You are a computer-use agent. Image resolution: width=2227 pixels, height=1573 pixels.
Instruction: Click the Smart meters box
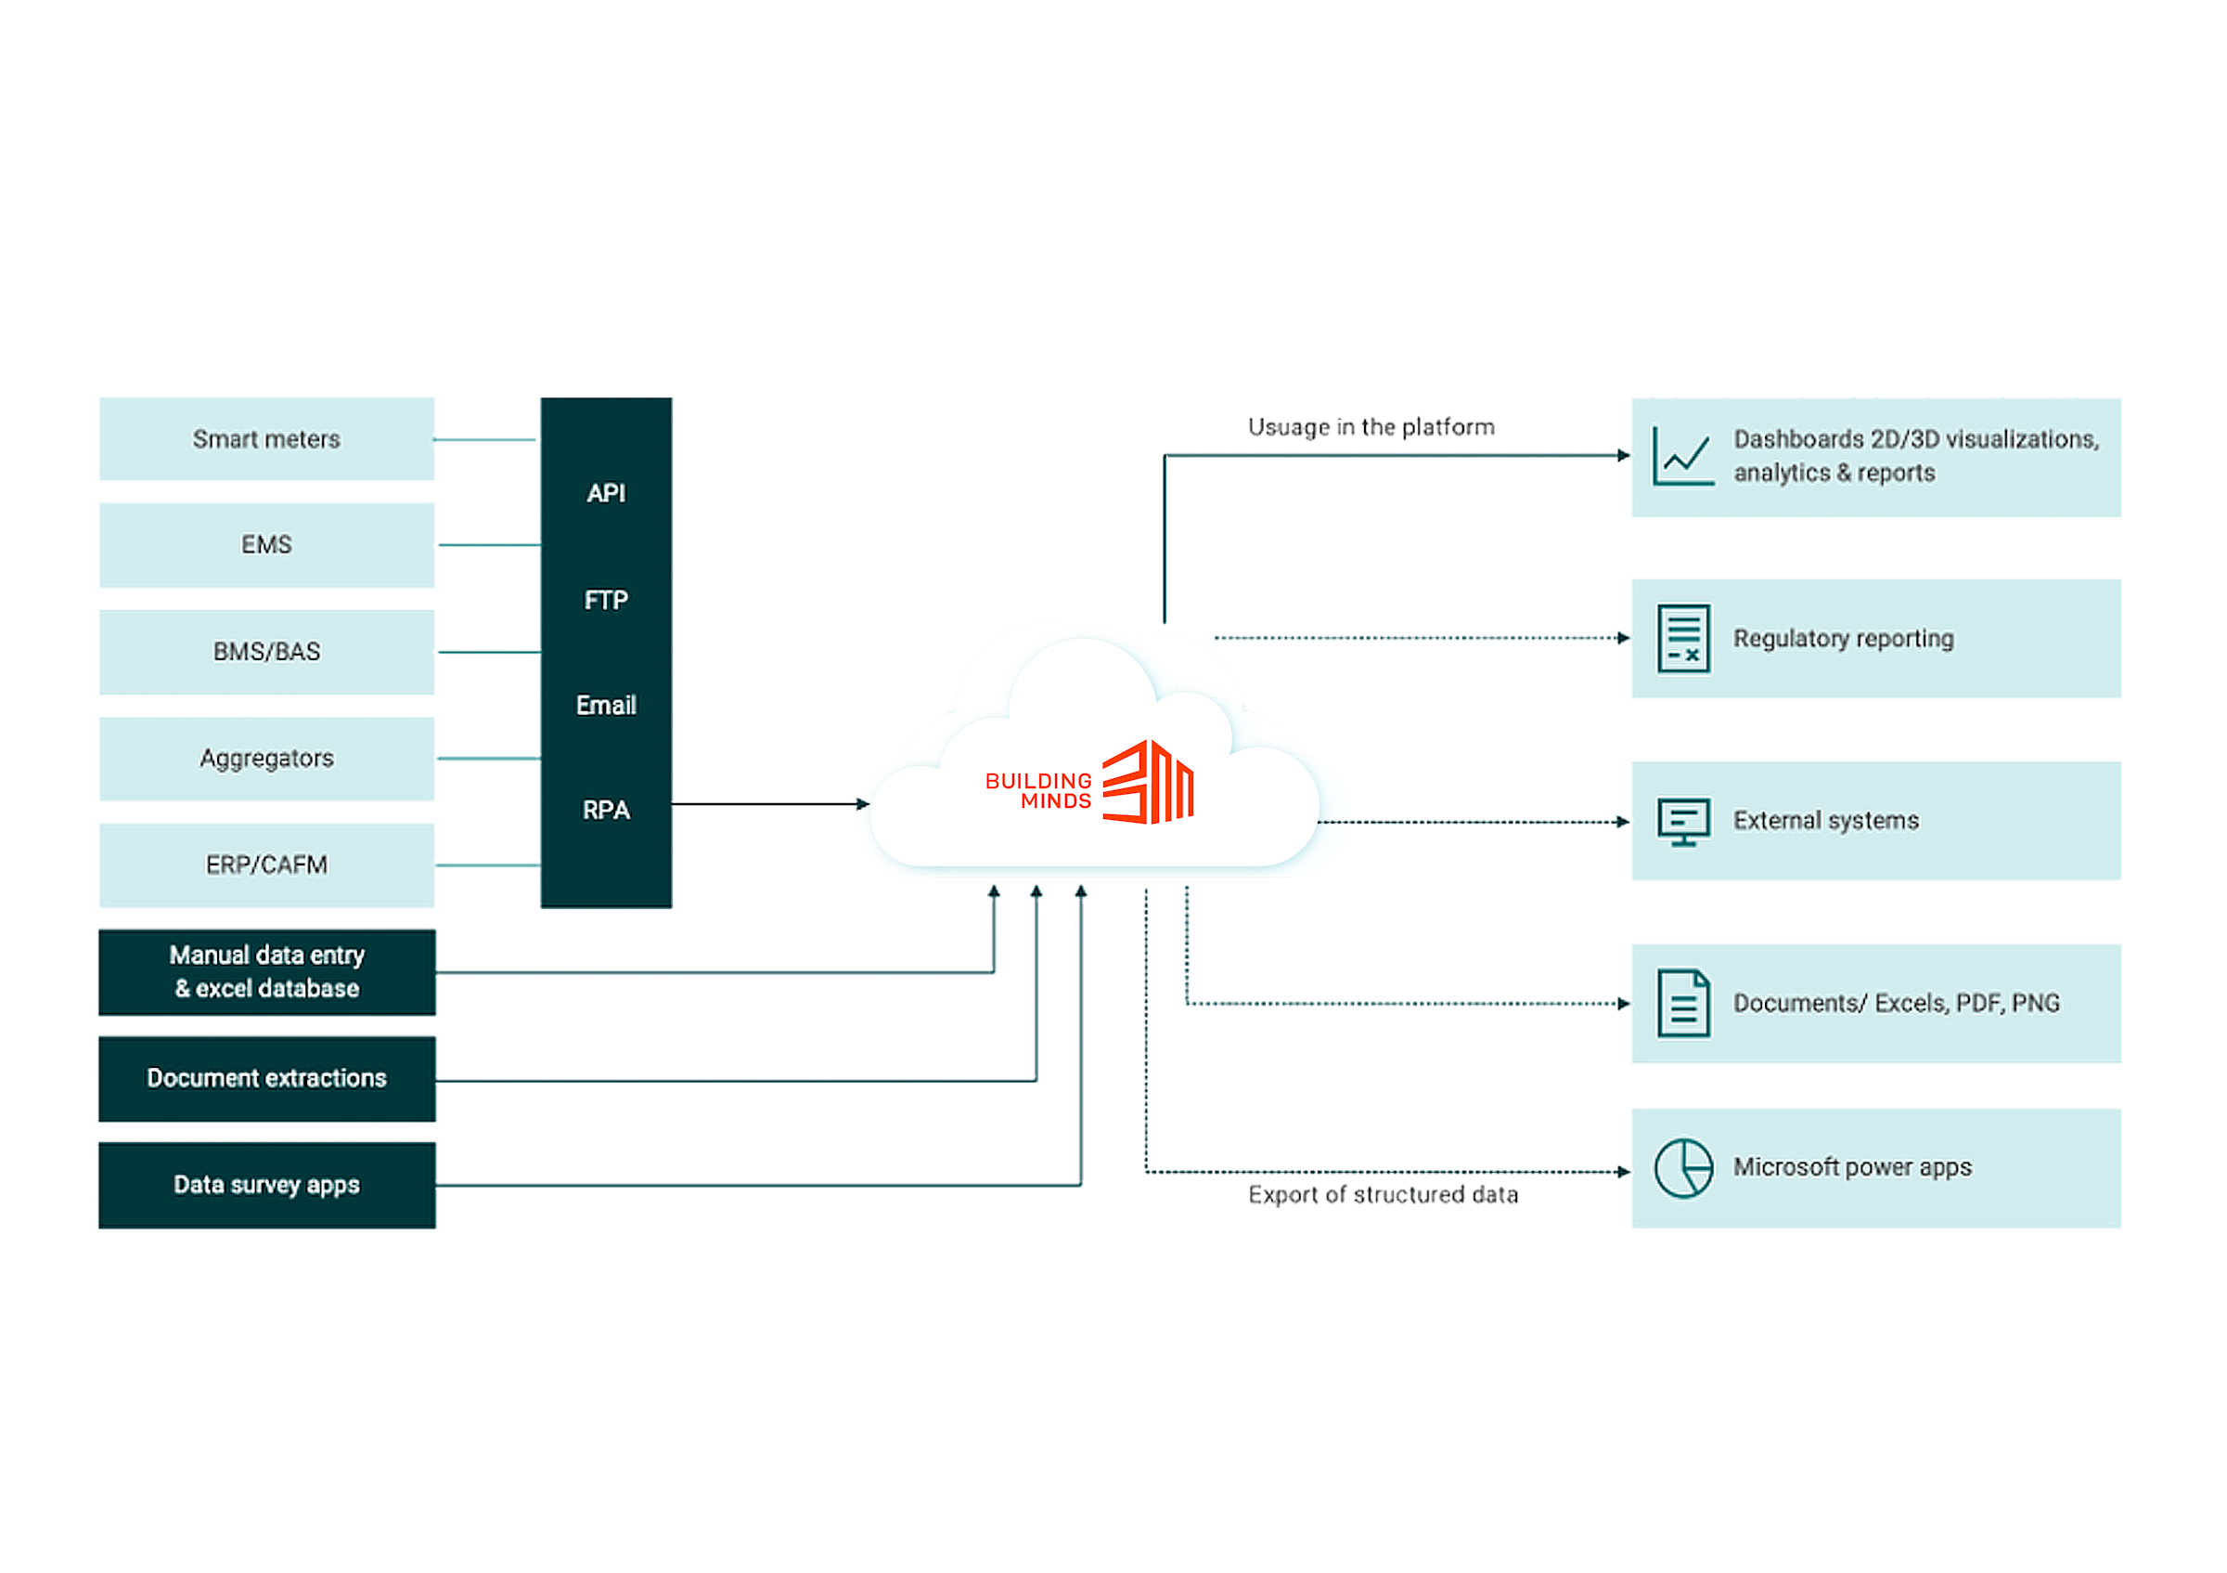pyautogui.click(x=266, y=439)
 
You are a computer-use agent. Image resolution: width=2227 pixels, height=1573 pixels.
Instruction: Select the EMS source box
pyautogui.click(x=266, y=544)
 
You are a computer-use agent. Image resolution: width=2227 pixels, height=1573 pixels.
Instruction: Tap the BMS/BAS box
pyautogui.click(x=266, y=651)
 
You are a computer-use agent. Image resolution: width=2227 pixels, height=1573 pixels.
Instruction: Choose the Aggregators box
pyautogui.click(x=266, y=758)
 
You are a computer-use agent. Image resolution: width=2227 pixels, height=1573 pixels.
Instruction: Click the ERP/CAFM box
pyautogui.click(x=266, y=864)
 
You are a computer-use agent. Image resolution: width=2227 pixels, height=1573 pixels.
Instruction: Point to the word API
pyautogui.click(x=606, y=493)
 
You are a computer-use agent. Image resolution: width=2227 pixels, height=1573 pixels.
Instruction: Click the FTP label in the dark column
pyautogui.click(x=606, y=600)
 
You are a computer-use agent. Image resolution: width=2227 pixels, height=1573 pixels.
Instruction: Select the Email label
pyautogui.click(x=606, y=706)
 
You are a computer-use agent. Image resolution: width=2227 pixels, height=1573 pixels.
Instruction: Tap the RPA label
pyautogui.click(x=606, y=811)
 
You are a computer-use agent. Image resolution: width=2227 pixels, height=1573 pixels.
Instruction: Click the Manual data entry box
pyautogui.click(x=266, y=972)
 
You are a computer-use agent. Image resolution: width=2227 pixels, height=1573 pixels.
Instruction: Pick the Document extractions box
pyautogui.click(x=266, y=1078)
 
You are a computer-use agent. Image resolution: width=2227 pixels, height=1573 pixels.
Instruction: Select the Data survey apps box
pyautogui.click(x=266, y=1185)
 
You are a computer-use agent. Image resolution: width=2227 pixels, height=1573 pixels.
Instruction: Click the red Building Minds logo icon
pyautogui.click(x=1150, y=782)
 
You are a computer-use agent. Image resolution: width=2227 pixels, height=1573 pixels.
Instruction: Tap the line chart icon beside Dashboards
pyautogui.click(x=1683, y=456)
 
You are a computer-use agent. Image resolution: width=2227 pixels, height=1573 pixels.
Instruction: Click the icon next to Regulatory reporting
pyautogui.click(x=1683, y=639)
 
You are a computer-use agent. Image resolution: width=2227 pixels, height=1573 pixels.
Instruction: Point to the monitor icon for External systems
pyautogui.click(x=1683, y=822)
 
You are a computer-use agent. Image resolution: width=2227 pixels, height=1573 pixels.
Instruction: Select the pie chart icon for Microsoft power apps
pyautogui.click(x=1683, y=1168)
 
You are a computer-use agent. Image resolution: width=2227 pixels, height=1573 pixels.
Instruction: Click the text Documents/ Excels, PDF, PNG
pyautogui.click(x=1897, y=1003)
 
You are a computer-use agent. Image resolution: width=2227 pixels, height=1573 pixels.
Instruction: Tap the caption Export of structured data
pyautogui.click(x=1384, y=1194)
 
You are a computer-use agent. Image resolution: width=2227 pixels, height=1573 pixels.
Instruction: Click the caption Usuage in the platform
pyautogui.click(x=1371, y=427)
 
